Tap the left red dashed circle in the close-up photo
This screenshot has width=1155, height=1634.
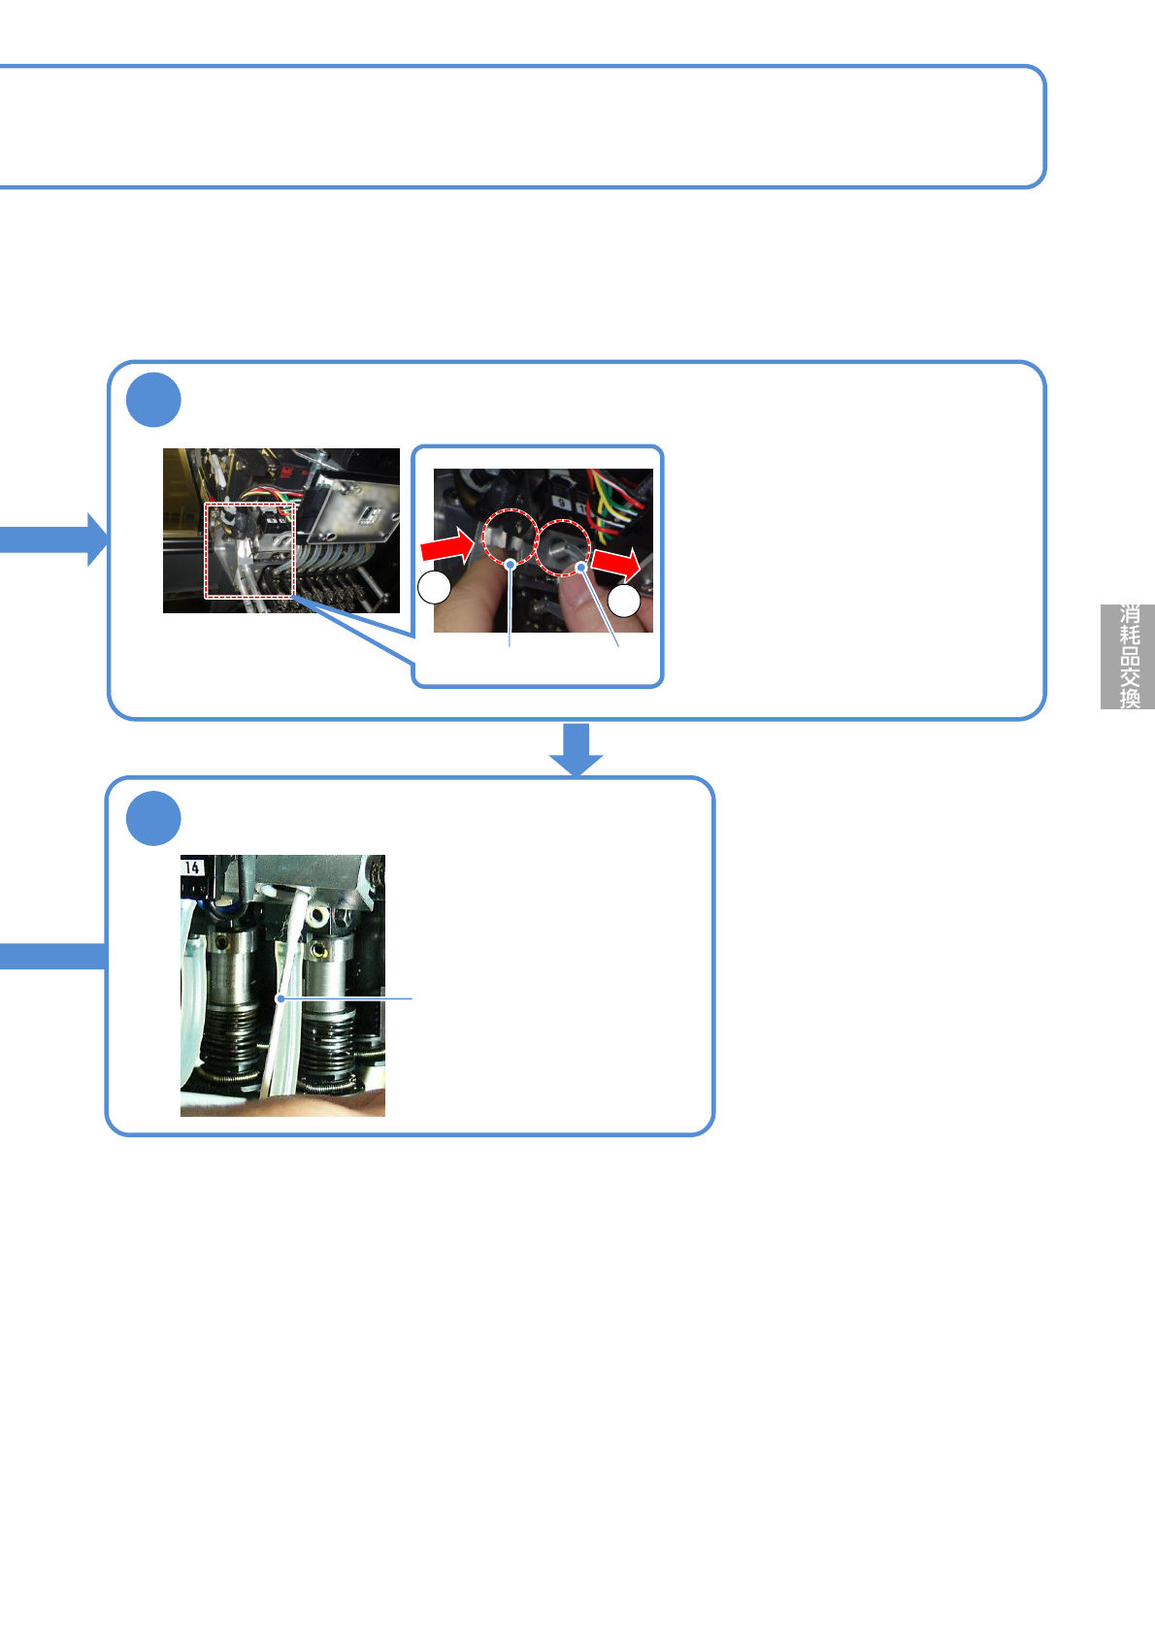[x=511, y=536]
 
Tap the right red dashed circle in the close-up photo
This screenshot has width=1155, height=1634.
[x=564, y=548]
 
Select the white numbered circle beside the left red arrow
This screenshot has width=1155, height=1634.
[x=434, y=588]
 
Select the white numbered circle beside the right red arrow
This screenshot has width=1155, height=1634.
[x=625, y=601]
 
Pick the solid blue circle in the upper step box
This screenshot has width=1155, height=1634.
[x=153, y=400]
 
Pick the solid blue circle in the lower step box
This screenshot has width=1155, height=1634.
[x=153, y=819]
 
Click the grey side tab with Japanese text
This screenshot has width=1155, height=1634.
[x=1128, y=657]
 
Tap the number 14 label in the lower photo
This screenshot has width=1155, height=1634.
[x=193, y=867]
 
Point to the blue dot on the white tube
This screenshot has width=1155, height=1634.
[x=280, y=997]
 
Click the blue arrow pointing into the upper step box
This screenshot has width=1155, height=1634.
[x=58, y=539]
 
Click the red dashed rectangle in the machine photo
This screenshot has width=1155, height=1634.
[x=249, y=550]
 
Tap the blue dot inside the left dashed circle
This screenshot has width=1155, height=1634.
[x=511, y=563]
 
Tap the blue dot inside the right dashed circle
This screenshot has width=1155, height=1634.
[x=580, y=565]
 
